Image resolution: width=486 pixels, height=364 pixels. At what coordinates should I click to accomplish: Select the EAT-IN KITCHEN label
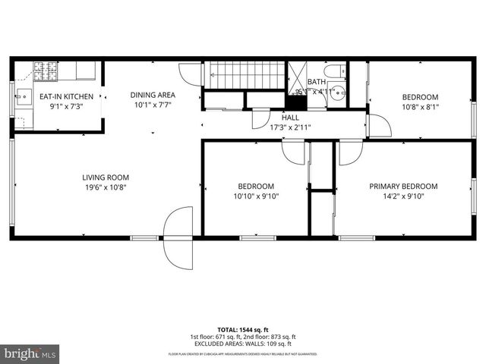tap(67, 96)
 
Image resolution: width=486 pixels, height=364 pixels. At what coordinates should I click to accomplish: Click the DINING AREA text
tap(153, 95)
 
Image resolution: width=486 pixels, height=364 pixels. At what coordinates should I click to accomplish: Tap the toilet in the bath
tap(339, 75)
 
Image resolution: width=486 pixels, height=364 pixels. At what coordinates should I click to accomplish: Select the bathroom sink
tap(339, 95)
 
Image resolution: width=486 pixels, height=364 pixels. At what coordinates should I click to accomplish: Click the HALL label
tap(290, 118)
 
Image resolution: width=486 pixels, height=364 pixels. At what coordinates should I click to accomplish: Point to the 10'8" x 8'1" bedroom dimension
tap(420, 106)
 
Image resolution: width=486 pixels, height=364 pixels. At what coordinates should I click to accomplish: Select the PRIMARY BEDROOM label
tap(403, 187)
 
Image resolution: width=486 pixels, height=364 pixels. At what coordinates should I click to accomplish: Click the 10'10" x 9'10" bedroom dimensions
tap(256, 196)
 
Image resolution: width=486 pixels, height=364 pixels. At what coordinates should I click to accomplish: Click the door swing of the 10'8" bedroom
tap(379, 126)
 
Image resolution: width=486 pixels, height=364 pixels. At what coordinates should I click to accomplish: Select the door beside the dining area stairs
tap(188, 74)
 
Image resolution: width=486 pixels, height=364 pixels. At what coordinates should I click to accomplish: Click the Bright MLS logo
tap(30, 353)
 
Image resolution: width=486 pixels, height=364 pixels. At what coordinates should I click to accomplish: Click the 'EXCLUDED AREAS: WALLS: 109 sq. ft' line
tap(242, 344)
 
